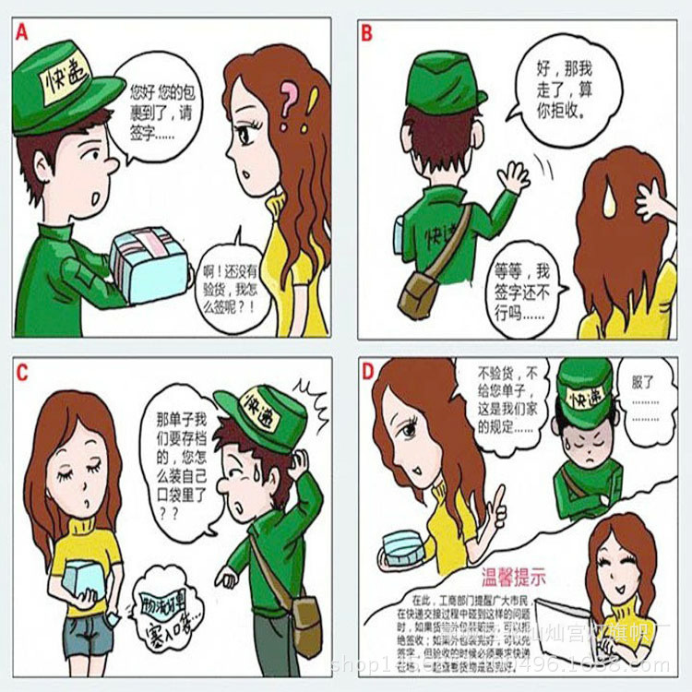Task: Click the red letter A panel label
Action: (x=22, y=30)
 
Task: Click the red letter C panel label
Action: (x=22, y=372)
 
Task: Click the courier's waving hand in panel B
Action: (x=512, y=175)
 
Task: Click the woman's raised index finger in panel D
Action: (x=499, y=499)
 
